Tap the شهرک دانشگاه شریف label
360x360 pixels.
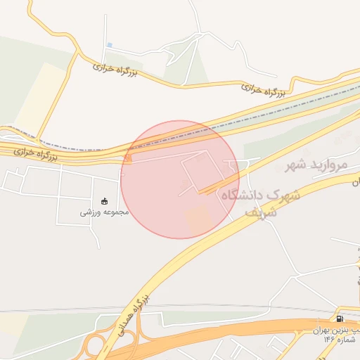[260, 200]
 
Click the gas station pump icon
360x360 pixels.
[341, 319]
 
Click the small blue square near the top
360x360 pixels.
[109, 45]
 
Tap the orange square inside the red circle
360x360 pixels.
[199, 219]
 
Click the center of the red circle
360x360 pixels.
[180, 179]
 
